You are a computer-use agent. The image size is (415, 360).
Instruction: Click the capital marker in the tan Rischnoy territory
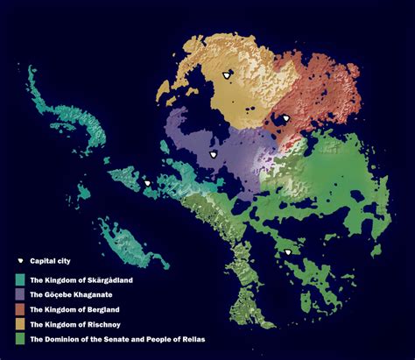(228, 76)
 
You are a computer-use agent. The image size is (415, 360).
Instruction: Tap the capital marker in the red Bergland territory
(285, 118)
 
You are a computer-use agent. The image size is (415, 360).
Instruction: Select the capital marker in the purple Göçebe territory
(212, 154)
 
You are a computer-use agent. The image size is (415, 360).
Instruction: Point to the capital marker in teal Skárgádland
(148, 183)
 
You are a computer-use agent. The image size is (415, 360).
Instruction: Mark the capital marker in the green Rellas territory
(287, 253)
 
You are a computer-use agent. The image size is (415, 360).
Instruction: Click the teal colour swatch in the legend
(21, 280)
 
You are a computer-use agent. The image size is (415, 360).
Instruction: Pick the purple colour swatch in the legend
(21, 294)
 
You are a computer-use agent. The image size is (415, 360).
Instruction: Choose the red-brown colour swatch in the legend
(21, 309)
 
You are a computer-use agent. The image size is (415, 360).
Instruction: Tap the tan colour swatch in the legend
(21, 323)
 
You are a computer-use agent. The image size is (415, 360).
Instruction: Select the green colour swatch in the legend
(21, 338)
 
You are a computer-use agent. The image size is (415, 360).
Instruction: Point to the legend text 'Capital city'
(49, 262)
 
